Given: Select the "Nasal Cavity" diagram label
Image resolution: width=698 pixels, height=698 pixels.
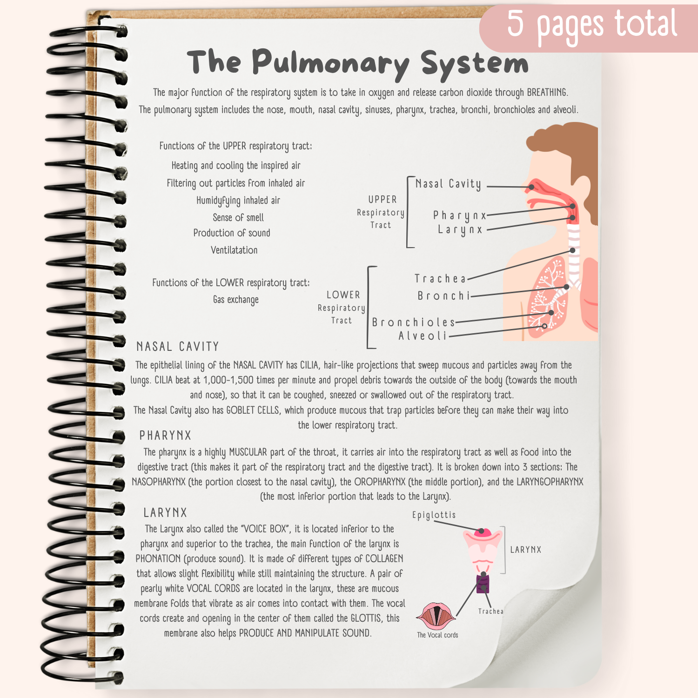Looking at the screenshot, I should [448, 184].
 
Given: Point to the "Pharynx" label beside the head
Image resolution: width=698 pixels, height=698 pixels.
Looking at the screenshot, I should [459, 215].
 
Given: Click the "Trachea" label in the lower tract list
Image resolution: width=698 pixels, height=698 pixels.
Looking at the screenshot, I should [440, 279].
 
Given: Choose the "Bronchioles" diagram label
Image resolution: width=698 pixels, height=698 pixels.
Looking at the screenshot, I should [413, 322].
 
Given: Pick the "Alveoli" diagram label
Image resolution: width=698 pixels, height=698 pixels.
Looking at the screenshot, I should [423, 336].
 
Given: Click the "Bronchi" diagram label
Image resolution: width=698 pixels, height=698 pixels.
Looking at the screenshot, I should [444, 296].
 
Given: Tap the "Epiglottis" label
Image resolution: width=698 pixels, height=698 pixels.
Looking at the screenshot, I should [434, 515].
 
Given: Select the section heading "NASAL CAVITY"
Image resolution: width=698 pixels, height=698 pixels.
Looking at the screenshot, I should [177, 347].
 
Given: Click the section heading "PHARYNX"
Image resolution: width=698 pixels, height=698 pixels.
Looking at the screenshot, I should [165, 436].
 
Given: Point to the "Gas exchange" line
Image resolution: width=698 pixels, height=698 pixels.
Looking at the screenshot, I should [235, 300].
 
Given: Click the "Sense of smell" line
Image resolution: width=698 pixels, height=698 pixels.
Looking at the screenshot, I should [238, 218].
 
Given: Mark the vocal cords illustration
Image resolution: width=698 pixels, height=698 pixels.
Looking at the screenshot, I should [436, 616].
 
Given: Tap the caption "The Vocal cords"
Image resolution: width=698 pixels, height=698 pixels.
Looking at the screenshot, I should [437, 635].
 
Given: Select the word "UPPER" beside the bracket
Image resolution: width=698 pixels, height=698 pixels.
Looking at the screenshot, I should [383, 200].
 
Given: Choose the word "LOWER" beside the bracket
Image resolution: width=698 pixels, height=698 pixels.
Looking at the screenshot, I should [343, 295].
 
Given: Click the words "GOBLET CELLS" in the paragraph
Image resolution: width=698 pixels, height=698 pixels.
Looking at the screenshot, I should [253, 410].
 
